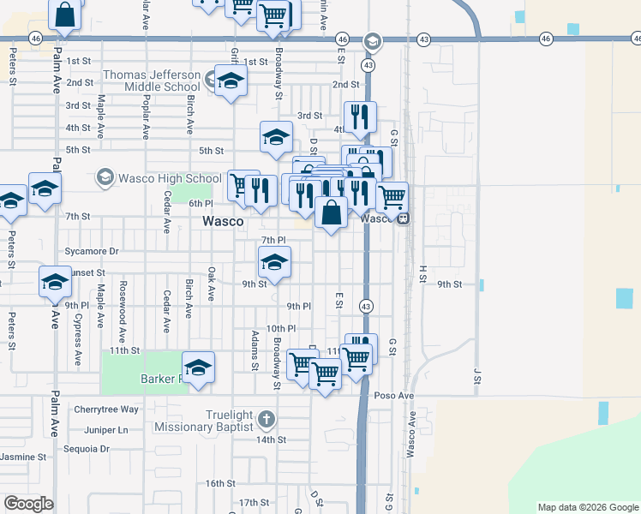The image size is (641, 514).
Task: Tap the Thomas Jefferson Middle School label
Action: pyautogui.click(x=152, y=81)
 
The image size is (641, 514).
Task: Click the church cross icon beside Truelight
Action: pyautogui.click(x=266, y=420)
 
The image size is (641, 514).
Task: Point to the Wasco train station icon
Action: pyautogui.click(x=401, y=218)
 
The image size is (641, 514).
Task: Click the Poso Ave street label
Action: pyautogui.click(x=394, y=396)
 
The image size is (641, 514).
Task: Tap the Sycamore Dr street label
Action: pyautogui.click(x=92, y=252)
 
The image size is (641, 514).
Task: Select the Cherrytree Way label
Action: pyautogui.click(x=106, y=409)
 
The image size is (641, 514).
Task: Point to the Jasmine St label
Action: pyautogui.click(x=24, y=457)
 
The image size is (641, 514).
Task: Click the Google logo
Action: pyautogui.click(x=29, y=504)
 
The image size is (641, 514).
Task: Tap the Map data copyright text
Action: pyautogui.click(x=588, y=507)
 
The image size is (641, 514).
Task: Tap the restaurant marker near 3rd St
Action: pyautogui.click(x=359, y=116)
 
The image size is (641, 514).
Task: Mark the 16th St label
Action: pyautogui.click(x=219, y=483)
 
